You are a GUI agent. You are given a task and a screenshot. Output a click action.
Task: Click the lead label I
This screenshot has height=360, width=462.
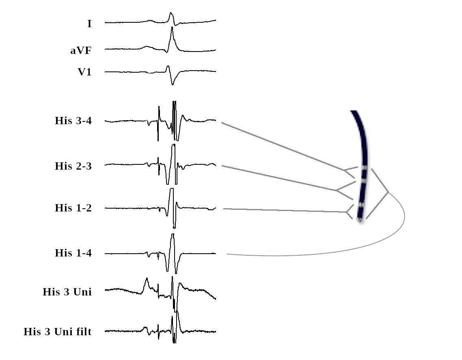89,24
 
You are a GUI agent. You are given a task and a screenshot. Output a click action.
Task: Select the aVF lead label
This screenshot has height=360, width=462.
81,51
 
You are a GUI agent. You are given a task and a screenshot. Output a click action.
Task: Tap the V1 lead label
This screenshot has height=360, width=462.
84,72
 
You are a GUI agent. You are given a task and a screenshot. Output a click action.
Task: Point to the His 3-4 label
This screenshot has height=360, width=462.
73,121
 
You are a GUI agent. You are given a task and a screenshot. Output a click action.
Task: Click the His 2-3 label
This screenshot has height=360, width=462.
73,166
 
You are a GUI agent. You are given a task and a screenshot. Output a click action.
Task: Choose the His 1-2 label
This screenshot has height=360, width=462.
73,208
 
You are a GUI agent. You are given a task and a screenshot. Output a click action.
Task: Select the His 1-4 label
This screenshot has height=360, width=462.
73,253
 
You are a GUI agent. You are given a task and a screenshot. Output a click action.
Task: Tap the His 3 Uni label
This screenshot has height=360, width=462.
67,292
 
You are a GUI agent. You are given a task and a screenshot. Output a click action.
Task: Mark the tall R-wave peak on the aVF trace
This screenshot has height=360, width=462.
172,27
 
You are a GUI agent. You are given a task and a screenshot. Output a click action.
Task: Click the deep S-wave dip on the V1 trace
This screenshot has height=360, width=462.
173,84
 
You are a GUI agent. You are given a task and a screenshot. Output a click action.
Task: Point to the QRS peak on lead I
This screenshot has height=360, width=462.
171,13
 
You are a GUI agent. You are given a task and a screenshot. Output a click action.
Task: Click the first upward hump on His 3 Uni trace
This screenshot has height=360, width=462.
147,279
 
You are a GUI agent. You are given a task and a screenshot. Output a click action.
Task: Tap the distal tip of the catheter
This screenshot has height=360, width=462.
360,220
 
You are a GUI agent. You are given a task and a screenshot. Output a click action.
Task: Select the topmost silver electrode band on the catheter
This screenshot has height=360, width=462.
365,167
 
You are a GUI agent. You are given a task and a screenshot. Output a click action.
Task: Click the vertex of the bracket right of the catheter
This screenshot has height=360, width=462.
388,192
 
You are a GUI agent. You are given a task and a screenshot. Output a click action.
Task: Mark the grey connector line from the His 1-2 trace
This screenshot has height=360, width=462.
284,210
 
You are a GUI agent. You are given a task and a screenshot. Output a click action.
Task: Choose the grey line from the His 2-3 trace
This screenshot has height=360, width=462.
280,178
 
